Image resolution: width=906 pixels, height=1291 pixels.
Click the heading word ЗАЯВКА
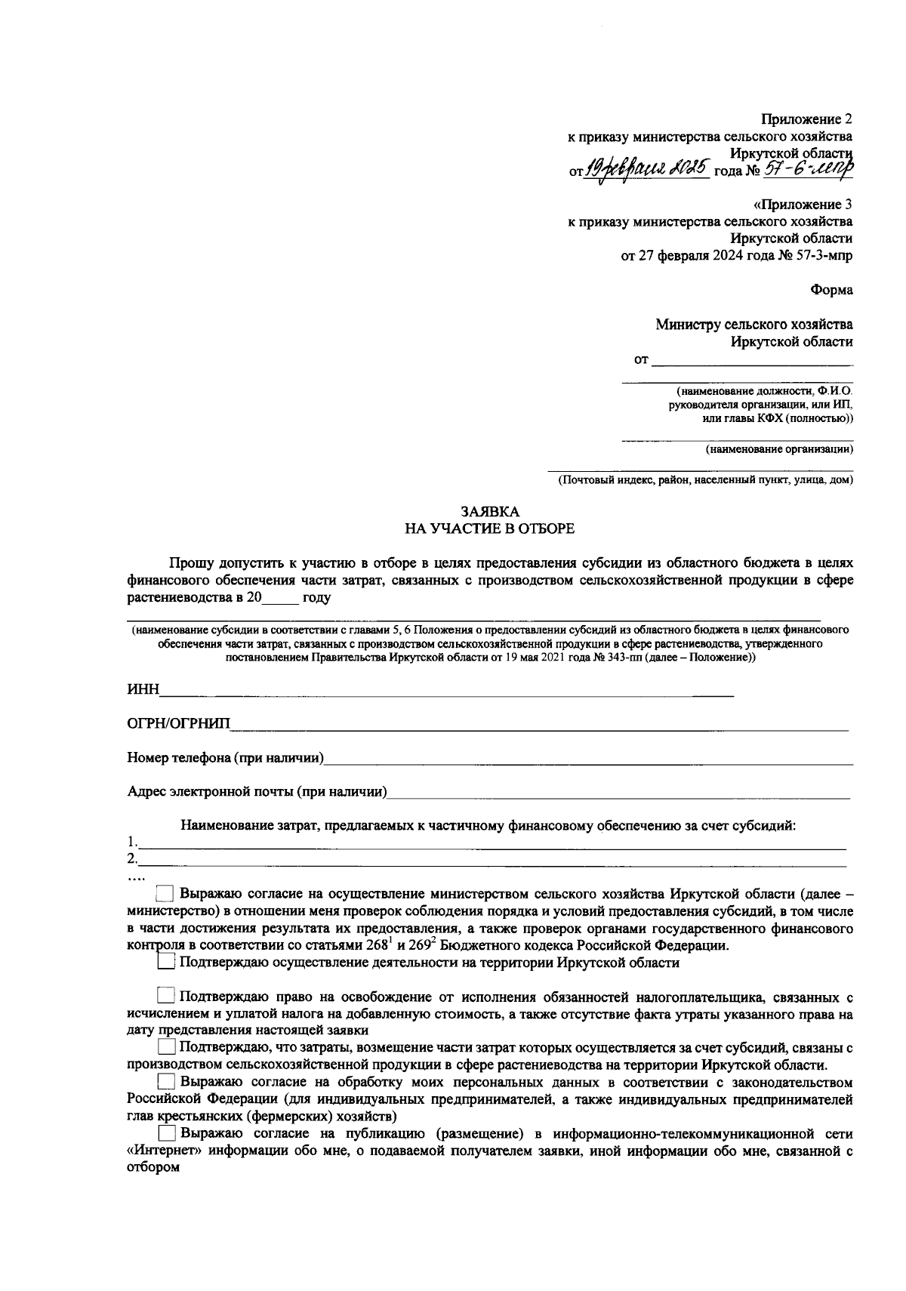click(490, 511)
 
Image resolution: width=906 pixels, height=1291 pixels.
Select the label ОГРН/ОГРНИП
click(178, 725)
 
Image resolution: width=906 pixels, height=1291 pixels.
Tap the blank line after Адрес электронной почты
click(619, 793)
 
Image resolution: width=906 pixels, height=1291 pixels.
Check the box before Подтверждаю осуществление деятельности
click(166, 963)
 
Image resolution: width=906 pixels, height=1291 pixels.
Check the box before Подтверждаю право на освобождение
click(166, 997)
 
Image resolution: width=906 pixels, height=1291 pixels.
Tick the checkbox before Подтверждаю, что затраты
click(166, 1048)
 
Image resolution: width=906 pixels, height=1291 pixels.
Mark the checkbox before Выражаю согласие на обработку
click(166, 1082)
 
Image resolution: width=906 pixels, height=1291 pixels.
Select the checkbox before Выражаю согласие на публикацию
click(166, 1134)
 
